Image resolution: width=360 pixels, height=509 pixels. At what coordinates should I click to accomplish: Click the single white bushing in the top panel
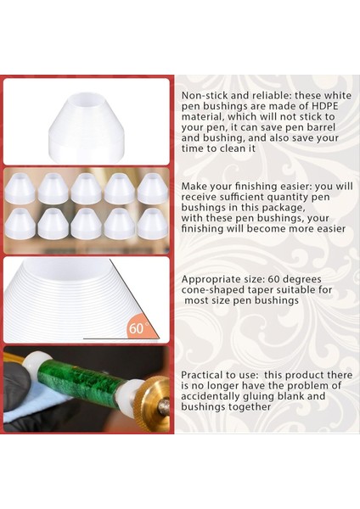[x=86, y=122]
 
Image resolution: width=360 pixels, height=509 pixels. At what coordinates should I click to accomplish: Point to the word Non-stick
[x=203, y=96]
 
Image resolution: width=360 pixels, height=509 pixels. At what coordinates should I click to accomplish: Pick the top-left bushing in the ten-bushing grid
[x=20, y=189]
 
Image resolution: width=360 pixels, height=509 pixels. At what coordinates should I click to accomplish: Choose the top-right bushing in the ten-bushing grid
[x=153, y=188]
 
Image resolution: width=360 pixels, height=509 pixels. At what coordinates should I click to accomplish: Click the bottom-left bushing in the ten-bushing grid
[x=20, y=223]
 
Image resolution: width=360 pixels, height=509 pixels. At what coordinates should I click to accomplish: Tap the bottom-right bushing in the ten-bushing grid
[x=153, y=223]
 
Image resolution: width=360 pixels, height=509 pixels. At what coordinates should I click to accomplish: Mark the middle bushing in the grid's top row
[x=86, y=188]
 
